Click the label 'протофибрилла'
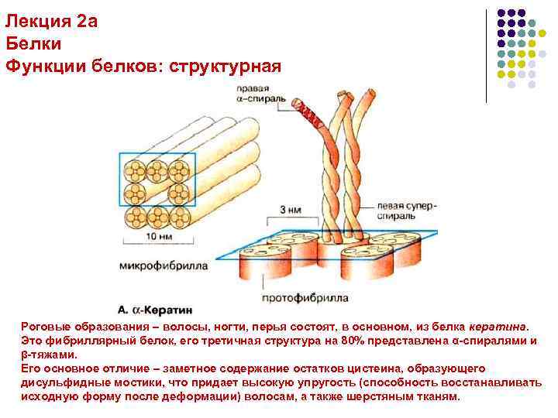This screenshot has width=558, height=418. pyautogui.click(x=305, y=297)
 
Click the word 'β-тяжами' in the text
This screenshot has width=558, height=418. pyautogui.click(x=49, y=355)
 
